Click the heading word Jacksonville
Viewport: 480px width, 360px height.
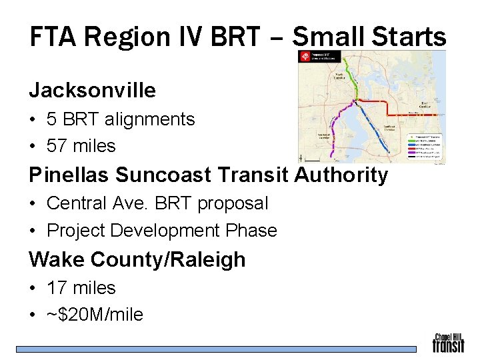pos(92,90)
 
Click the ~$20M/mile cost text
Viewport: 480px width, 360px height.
pos(95,315)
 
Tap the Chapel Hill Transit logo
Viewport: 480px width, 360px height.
pos(448,343)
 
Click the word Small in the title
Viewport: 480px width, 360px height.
pos(329,37)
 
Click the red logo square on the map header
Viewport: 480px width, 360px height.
pos(305,57)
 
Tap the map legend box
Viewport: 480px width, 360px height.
pos(425,148)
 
